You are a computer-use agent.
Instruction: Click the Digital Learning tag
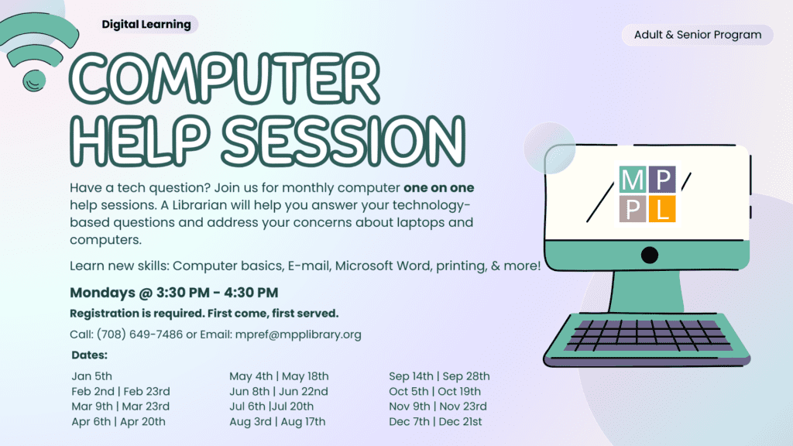point(146,24)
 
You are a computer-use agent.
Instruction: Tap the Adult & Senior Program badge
point(698,35)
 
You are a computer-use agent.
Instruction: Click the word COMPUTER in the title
point(224,79)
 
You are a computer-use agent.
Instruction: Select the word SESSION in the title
point(343,141)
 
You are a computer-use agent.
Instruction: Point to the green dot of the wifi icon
point(34,81)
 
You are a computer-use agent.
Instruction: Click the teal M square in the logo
point(632,179)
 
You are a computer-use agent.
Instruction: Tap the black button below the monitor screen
point(650,255)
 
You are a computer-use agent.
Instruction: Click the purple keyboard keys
point(648,335)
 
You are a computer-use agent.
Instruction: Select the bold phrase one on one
point(438,187)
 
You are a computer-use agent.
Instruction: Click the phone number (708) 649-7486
point(139,334)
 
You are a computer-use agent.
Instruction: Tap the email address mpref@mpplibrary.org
point(298,334)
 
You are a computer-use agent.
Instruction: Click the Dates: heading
point(90,355)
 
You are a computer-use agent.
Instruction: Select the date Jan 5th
point(91,376)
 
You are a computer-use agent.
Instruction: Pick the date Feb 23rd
point(146,391)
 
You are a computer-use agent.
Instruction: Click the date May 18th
point(305,376)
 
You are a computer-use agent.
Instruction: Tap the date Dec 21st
point(460,422)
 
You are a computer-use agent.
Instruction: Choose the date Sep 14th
point(411,376)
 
